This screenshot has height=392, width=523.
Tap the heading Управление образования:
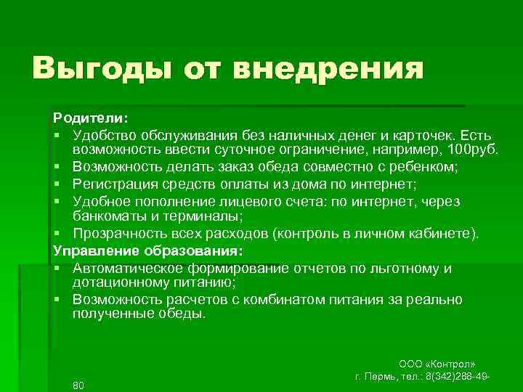pos(148,251)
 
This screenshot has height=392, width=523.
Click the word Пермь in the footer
pos(390,377)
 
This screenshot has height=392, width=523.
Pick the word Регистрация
pos(114,184)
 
